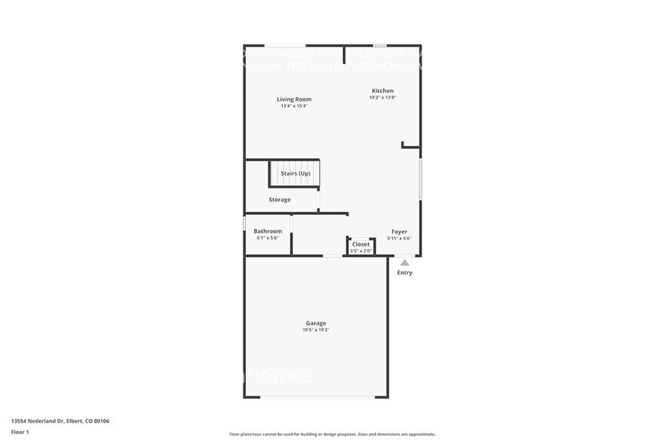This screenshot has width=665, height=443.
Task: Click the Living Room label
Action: click(294, 99)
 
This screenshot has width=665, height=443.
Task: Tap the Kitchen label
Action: click(382, 91)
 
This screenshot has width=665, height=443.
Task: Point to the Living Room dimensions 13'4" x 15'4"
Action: click(294, 106)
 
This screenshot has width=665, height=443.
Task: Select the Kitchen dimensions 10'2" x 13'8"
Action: click(382, 98)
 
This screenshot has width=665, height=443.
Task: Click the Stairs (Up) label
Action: click(296, 174)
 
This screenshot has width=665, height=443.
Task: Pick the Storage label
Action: click(280, 200)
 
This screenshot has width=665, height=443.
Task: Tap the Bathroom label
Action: click(268, 231)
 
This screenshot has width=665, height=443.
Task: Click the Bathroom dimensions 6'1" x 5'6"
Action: click(268, 238)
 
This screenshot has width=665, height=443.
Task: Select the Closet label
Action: click(361, 244)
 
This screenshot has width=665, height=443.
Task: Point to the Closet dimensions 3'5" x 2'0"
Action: click(361, 250)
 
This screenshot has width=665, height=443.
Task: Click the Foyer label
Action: click(399, 231)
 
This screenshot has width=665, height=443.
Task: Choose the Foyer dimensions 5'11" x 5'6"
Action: click(399, 238)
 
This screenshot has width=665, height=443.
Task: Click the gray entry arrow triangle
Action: click(405, 263)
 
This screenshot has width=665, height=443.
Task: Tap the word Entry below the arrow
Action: click(405, 273)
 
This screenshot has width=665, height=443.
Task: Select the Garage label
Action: click(316, 323)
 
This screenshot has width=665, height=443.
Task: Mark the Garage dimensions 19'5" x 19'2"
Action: click(316, 330)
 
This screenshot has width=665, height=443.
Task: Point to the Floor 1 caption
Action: click(20, 432)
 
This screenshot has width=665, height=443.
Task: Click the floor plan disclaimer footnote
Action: click(332, 435)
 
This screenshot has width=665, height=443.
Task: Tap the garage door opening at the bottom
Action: click(316, 397)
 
